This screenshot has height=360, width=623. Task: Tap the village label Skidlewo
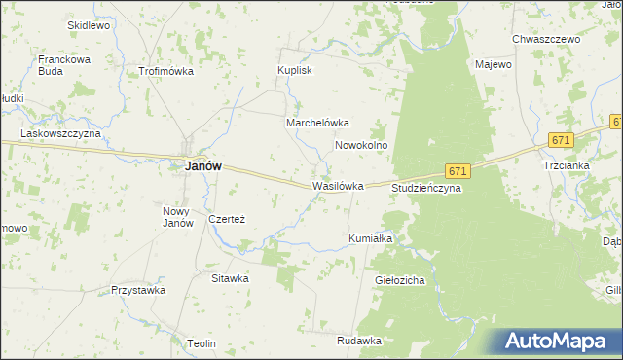[x=89, y=25]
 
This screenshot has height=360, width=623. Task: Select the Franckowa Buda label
[x=64, y=65]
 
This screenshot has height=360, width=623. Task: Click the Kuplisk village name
[x=294, y=71]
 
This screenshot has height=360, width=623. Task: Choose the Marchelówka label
[x=317, y=124]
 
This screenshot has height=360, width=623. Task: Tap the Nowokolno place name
[x=362, y=145]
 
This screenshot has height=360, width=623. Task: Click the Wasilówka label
[x=338, y=186]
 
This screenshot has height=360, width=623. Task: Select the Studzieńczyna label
[x=426, y=188]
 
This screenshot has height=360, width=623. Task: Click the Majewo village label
[x=494, y=65]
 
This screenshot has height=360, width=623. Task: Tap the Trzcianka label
[x=567, y=165]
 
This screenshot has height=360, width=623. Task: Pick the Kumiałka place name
[x=370, y=238]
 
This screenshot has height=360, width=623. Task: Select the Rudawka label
[x=359, y=341]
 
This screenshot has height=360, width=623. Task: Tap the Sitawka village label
[x=231, y=278]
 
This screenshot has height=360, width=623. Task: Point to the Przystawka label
[x=135, y=290]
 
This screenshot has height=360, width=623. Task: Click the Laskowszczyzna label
[x=61, y=132]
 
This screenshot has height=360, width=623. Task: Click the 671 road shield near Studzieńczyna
[x=459, y=171]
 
